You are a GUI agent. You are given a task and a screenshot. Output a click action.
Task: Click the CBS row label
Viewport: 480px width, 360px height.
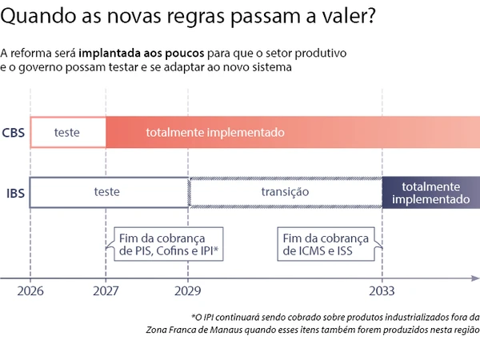point(13,133)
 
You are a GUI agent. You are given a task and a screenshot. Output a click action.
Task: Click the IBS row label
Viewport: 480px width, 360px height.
point(13,193)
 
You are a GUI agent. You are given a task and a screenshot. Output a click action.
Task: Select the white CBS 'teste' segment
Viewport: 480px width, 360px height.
point(67,132)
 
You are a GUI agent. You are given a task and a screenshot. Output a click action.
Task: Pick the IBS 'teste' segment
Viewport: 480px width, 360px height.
point(107,192)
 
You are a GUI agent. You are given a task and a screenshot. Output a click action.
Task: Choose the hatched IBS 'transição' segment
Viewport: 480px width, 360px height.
point(285,192)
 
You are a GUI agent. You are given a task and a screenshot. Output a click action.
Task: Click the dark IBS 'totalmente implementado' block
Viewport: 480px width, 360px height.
point(431,192)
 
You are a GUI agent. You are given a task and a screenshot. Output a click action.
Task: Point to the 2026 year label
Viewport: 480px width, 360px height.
point(30,292)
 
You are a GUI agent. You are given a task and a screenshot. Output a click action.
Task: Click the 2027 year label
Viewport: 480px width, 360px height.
point(106,292)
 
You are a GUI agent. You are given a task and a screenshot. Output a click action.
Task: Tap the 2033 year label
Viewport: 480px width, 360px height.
point(382,292)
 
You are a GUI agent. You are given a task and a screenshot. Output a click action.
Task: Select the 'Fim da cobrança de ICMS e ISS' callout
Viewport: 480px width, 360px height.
point(326,245)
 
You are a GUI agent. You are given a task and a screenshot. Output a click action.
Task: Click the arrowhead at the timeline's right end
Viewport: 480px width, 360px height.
point(475,278)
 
